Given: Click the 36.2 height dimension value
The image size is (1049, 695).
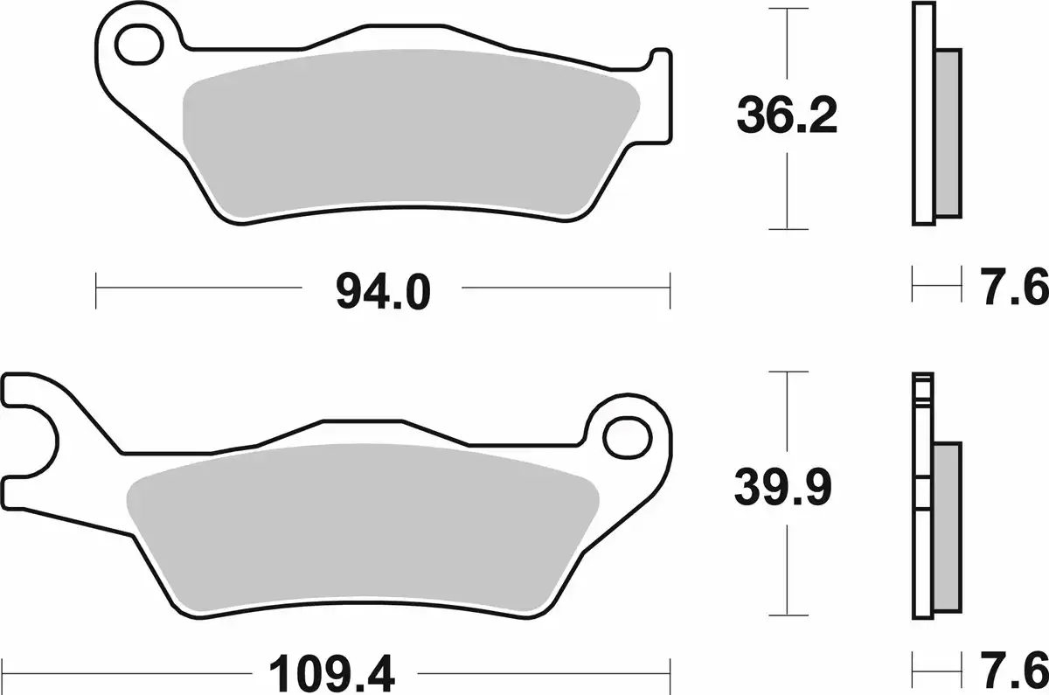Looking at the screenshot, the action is (787, 115).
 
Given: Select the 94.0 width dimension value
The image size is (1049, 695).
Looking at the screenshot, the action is (383, 292).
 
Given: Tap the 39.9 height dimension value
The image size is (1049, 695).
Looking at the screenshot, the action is (782, 487).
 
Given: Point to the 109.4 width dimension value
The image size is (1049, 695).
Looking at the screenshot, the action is (332, 675).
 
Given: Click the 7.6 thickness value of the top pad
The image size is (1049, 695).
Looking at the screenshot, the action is (1013, 286).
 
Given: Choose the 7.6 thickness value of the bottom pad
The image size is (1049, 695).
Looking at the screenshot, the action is (1013, 673).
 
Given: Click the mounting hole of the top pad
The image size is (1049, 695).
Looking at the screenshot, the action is (140, 45).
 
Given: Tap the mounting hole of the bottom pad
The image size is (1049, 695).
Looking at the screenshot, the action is (628, 439).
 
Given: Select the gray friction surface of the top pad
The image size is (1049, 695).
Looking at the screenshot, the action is (410, 134).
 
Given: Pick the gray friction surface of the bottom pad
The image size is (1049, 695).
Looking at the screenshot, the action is (363, 528).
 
